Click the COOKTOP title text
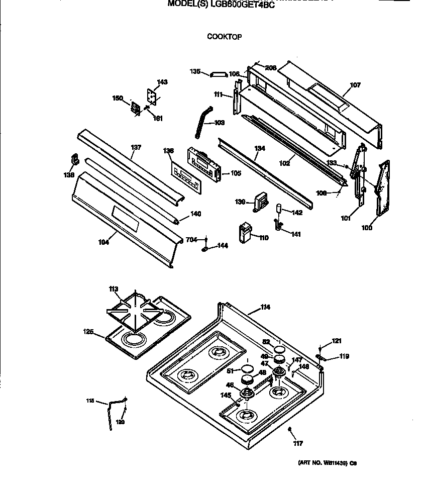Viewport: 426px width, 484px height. click(x=225, y=37)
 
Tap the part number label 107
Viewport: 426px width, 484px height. click(x=355, y=85)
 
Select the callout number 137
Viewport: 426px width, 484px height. click(x=136, y=147)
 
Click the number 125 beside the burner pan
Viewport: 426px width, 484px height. click(x=88, y=331)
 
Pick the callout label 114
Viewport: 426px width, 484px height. click(x=265, y=307)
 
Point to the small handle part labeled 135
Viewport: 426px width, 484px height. click(x=218, y=74)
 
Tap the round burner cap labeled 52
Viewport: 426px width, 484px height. click(x=280, y=349)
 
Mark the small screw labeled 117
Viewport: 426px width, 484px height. click(x=291, y=428)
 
